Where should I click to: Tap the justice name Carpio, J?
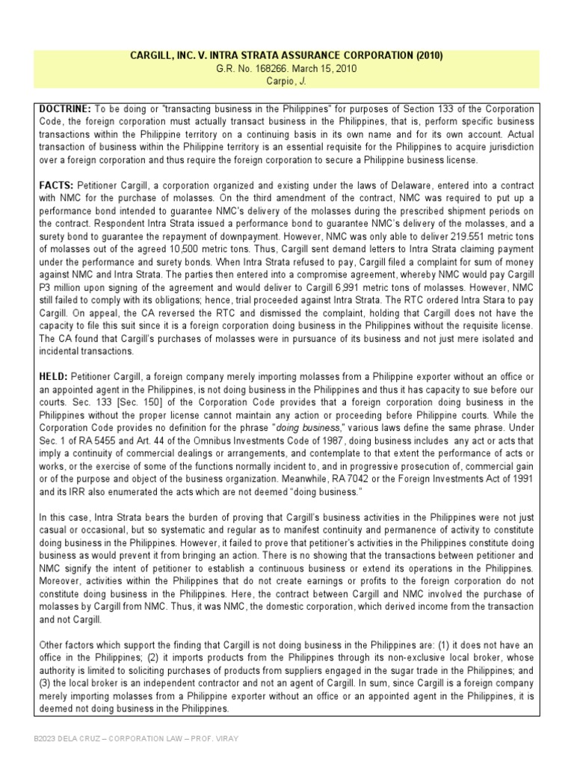[287, 81]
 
